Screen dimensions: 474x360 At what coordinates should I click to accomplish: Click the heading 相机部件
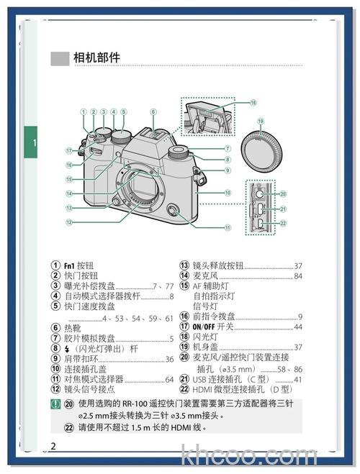96,58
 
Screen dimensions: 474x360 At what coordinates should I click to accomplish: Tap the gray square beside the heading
59,58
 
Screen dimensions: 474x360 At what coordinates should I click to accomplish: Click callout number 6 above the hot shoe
153,111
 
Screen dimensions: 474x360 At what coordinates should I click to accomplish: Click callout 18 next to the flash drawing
253,103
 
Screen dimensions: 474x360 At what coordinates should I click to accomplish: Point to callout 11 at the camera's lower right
227,228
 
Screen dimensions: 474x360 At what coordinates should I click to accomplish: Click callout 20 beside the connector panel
283,193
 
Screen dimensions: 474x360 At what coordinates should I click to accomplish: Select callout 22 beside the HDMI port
283,223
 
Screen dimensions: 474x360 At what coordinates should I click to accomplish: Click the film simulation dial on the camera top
176,152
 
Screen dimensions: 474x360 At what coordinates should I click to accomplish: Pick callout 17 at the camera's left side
70,150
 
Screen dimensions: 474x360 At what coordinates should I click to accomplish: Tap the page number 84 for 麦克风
297,275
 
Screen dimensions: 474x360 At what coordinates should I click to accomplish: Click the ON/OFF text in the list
205,327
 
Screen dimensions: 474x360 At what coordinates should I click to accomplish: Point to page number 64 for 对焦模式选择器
169,379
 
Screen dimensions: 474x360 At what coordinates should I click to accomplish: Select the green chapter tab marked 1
32,143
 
